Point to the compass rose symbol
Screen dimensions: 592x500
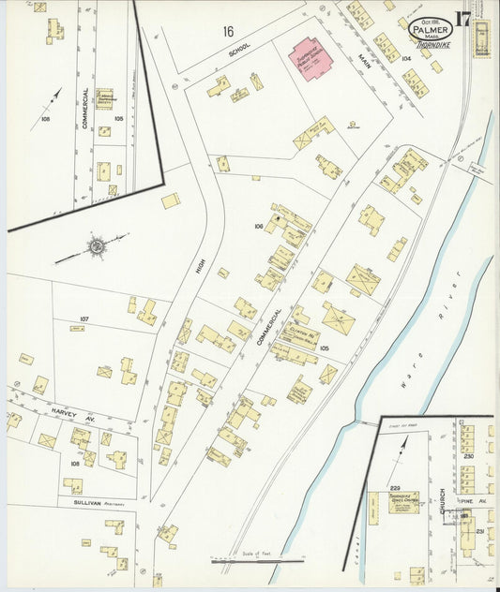click(x=96, y=246)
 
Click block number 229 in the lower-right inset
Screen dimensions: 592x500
click(x=395, y=488)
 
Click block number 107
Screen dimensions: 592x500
click(x=83, y=319)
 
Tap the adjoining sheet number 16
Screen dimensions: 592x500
click(x=228, y=32)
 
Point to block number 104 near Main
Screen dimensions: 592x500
click(x=406, y=58)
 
